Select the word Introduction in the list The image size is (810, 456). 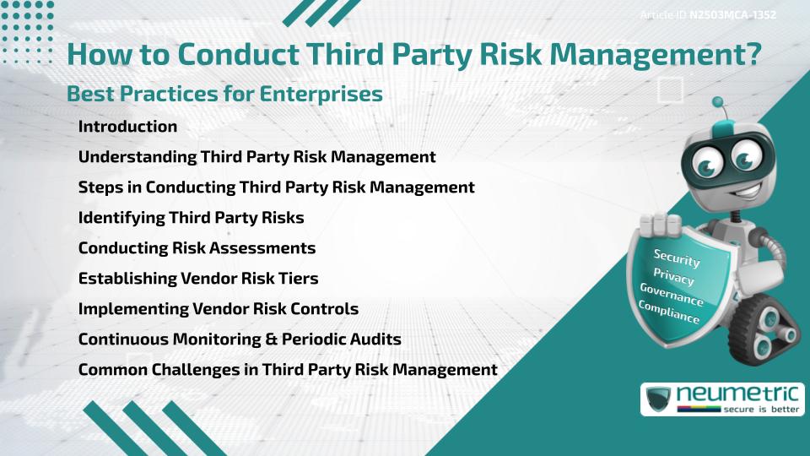click(127, 126)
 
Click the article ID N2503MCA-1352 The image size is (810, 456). click(732, 15)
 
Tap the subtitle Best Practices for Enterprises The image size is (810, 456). click(224, 94)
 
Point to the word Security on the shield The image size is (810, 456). click(677, 258)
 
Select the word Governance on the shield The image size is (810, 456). click(672, 294)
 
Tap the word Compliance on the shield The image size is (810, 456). click(669, 312)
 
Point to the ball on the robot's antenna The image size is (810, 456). click(717, 102)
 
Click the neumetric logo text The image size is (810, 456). click(737, 394)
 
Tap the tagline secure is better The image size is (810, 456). click(761, 409)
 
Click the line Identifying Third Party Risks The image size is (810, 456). click(192, 218)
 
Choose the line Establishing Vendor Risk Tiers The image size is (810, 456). click(198, 278)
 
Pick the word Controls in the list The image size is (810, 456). click(324, 309)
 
